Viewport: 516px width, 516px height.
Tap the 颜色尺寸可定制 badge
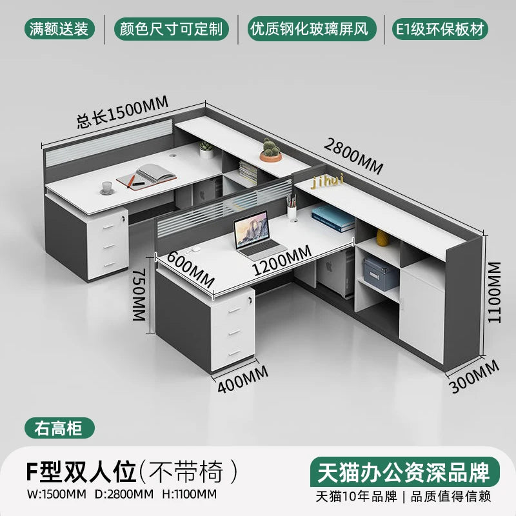171,28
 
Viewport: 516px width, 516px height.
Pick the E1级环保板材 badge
441,28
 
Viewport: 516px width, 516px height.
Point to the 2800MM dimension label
353,157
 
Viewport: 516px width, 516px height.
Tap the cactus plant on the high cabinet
272,150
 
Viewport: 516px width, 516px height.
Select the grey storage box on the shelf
380,273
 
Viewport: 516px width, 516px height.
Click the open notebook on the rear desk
152,174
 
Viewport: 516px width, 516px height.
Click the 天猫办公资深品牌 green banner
404,471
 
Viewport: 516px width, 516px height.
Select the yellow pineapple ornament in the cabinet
381,238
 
